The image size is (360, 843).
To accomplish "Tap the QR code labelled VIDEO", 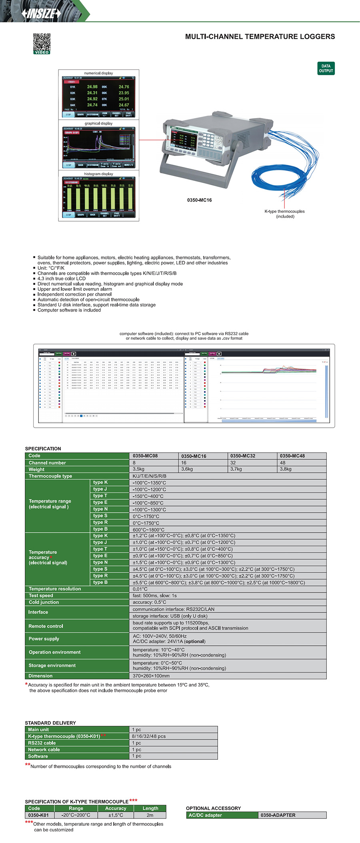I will (x=42, y=43).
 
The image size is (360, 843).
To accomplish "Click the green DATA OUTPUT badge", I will (x=326, y=68).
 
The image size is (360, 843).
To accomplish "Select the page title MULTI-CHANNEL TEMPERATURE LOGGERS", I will (x=260, y=37).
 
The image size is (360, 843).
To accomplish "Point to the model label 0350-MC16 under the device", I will (x=199, y=200).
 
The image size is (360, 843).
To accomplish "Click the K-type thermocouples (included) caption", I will (x=284, y=214).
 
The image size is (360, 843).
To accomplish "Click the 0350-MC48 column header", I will (x=292, y=456).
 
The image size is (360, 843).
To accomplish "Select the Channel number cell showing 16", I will (x=184, y=463).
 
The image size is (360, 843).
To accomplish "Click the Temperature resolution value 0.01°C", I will (x=140, y=589).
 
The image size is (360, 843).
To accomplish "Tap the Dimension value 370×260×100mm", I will (x=151, y=676).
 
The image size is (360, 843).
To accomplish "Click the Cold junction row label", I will (x=44, y=602).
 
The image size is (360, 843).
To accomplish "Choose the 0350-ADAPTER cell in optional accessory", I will (x=278, y=815).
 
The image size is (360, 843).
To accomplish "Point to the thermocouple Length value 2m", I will (x=150, y=815).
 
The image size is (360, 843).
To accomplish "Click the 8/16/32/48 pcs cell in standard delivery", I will (x=148, y=736).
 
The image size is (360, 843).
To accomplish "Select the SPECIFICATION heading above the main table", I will (x=43, y=449).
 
